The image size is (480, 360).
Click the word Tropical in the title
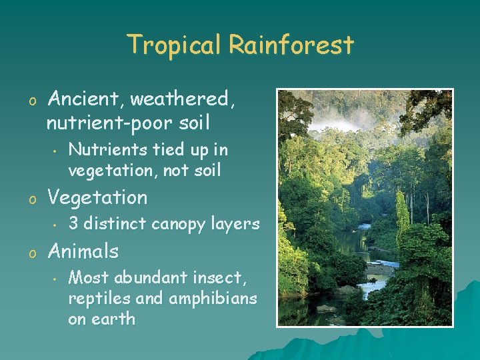coord(174,45)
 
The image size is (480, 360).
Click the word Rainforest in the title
coord(291,45)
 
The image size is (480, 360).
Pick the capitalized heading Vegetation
coord(97,197)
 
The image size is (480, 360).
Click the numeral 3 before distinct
coord(74,224)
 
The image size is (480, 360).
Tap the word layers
coord(235,224)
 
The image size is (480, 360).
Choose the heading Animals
coord(83,251)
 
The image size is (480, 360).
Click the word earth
coord(114,319)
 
